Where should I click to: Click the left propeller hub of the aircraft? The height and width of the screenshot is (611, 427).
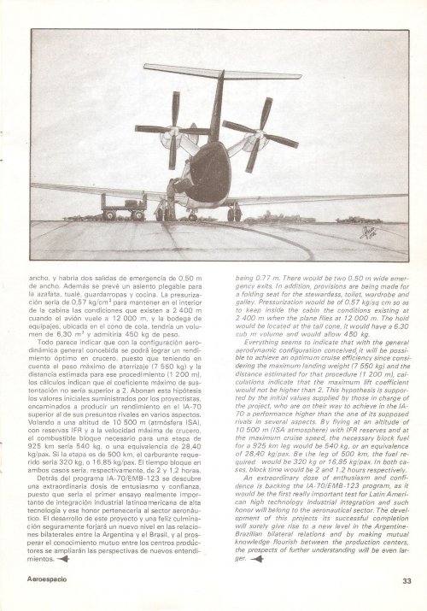(174, 130)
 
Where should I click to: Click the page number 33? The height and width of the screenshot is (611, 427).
(407, 582)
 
